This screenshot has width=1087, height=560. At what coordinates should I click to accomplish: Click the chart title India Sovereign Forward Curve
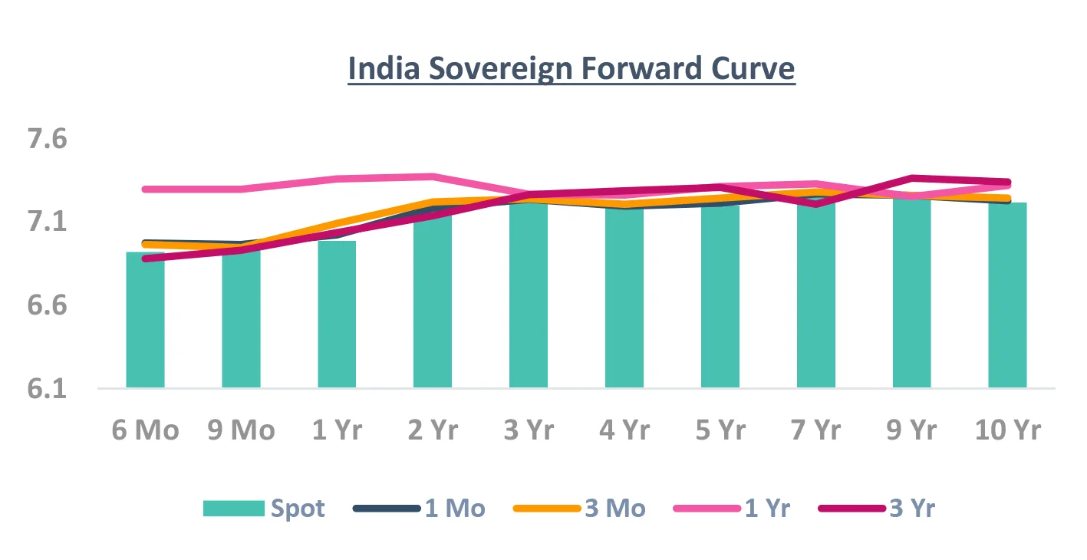coord(571,69)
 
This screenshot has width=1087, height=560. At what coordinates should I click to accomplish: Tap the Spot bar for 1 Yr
coord(337,315)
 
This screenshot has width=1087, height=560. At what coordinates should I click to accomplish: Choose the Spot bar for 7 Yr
coord(815,295)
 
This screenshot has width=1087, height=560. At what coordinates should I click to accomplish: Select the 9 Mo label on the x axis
coord(241,430)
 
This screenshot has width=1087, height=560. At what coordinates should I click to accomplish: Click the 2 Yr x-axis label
coord(432,430)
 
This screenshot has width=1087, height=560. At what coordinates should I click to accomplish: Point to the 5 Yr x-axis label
coord(720,430)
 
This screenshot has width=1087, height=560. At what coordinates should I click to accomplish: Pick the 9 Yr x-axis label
coord(911,430)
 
